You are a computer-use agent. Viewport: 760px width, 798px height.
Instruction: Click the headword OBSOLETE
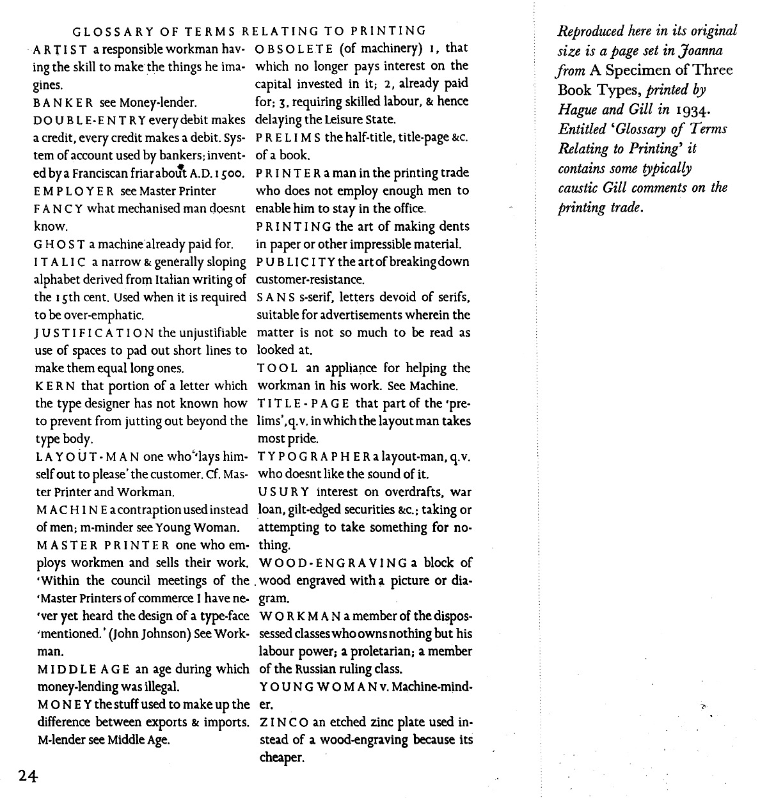294,49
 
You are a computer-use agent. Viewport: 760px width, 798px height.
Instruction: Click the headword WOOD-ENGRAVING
333,563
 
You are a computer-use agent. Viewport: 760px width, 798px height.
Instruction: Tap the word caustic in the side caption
578,188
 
